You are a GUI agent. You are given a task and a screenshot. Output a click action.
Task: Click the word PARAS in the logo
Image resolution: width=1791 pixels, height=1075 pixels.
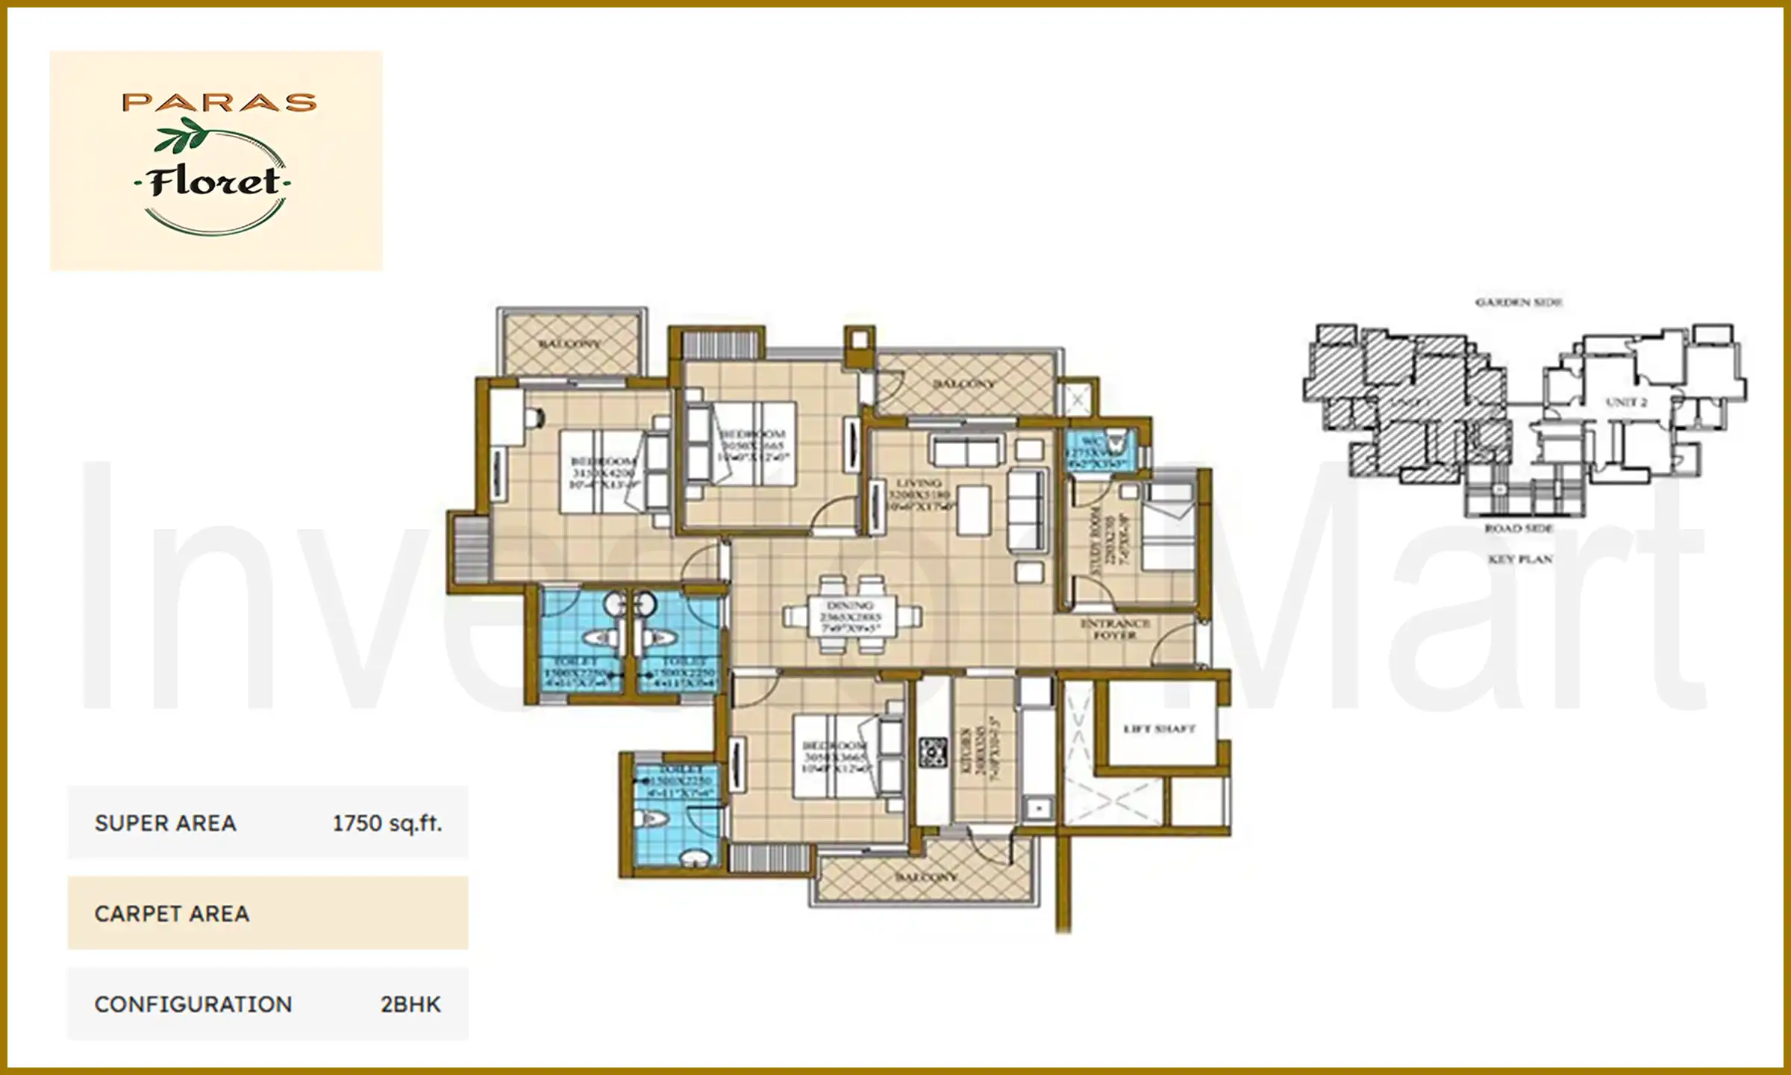(x=219, y=102)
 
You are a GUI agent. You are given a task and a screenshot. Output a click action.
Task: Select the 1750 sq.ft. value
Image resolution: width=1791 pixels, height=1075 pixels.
(x=387, y=823)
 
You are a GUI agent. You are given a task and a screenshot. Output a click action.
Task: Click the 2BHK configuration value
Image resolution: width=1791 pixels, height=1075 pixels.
(x=410, y=1005)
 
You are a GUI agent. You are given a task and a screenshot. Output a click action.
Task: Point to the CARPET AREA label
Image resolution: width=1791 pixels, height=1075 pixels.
(x=172, y=914)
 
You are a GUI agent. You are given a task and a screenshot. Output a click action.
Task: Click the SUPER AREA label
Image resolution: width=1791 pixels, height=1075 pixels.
(x=165, y=823)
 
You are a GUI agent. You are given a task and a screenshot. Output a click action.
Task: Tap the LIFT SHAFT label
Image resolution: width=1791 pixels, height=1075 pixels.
(x=1159, y=729)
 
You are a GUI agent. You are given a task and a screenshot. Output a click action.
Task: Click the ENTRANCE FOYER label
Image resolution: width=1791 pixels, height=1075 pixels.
(x=1114, y=629)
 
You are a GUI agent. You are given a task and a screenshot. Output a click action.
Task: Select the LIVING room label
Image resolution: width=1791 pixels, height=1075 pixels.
(x=919, y=484)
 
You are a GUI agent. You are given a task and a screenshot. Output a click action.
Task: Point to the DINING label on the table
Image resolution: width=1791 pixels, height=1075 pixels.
(x=850, y=605)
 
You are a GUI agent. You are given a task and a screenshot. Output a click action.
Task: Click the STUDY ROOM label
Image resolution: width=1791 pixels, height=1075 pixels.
(x=1095, y=540)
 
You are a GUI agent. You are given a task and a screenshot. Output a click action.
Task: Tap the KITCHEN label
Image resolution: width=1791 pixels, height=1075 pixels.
(x=965, y=750)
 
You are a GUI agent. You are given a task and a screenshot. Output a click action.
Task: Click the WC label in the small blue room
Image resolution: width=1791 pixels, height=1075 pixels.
(x=1091, y=441)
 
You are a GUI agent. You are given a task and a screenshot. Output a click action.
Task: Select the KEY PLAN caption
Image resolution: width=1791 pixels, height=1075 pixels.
(x=1520, y=559)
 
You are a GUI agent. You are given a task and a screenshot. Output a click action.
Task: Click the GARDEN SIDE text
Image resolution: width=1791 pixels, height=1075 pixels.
(x=1519, y=302)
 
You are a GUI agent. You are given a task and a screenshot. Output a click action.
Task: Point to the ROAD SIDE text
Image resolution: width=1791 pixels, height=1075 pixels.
(x=1519, y=529)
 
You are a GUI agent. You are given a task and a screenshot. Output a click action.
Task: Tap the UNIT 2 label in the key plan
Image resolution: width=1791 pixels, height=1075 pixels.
(x=1626, y=402)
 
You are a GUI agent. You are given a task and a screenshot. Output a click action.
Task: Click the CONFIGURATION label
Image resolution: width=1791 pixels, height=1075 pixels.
(x=193, y=1005)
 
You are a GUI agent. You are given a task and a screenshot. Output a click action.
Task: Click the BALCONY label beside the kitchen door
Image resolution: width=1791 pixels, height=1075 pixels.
(x=926, y=876)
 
